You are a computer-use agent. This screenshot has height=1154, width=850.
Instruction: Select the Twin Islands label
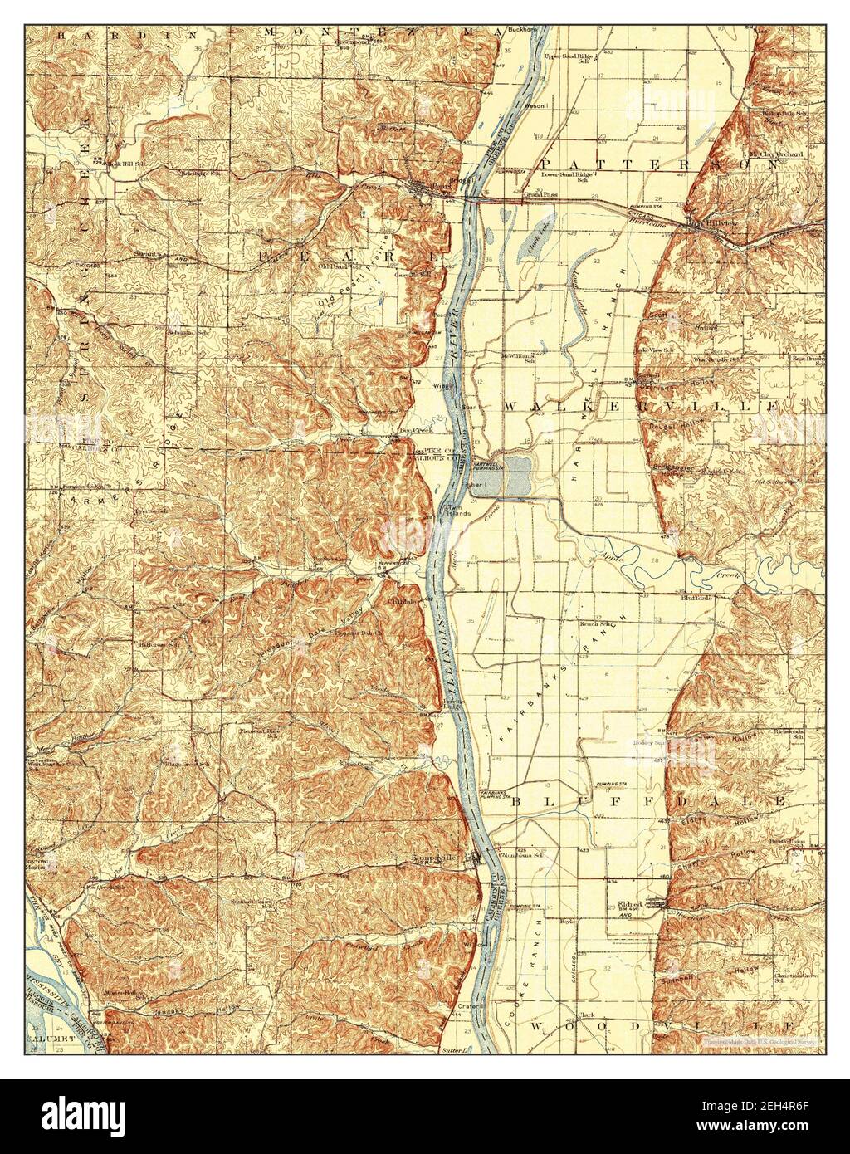click(x=459, y=511)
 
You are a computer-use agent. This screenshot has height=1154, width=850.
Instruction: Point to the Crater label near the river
click(x=466, y=1005)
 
